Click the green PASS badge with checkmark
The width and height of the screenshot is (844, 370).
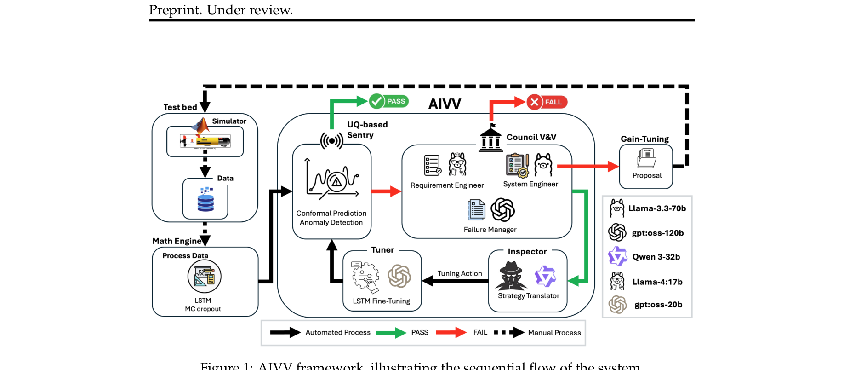[389, 101]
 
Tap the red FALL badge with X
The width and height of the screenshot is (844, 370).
[547, 102]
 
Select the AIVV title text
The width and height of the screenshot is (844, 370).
[445, 104]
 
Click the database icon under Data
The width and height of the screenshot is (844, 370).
[205, 200]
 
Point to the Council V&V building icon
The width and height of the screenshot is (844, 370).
[490, 139]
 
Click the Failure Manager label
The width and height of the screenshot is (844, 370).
[490, 230]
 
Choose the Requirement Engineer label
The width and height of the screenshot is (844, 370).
[447, 185]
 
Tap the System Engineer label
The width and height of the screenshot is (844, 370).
[530, 184]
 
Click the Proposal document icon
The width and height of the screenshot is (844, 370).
[647, 158]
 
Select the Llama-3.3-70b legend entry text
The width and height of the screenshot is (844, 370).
[657, 208]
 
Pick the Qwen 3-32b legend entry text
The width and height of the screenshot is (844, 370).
[656, 257]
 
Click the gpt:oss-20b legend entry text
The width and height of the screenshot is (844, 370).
[658, 305]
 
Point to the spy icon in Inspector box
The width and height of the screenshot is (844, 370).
[511, 276]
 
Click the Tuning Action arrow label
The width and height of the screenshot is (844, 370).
[460, 273]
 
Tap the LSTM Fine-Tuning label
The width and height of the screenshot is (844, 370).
[382, 301]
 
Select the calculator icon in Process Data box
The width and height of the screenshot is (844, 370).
[205, 277]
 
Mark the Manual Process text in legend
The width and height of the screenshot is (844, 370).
[554, 333]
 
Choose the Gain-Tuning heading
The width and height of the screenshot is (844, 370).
[644, 139]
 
